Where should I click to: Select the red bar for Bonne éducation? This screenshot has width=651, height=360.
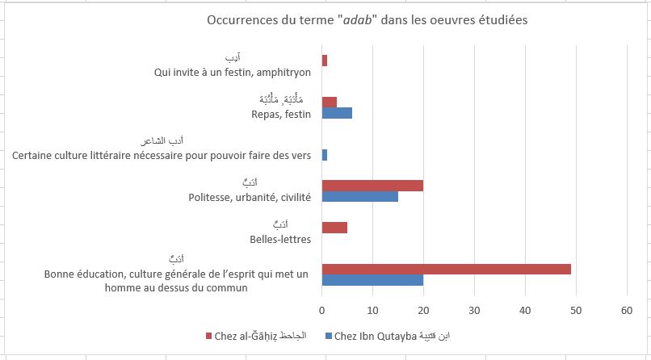(446, 269)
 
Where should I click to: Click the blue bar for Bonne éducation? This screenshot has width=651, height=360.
(372, 280)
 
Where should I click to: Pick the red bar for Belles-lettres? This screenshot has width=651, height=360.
(334, 228)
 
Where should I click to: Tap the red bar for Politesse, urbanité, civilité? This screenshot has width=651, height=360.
(372, 186)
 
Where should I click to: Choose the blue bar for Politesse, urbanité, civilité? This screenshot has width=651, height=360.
(359, 197)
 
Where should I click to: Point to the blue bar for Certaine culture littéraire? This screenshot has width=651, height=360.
(325, 154)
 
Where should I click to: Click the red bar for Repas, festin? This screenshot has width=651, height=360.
(330, 102)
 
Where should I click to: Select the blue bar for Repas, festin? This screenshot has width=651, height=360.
(337, 113)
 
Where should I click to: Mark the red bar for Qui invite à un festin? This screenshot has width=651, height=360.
(325, 61)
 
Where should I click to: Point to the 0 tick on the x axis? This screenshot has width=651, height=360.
(322, 309)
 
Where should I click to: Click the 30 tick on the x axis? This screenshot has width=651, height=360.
(474, 309)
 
